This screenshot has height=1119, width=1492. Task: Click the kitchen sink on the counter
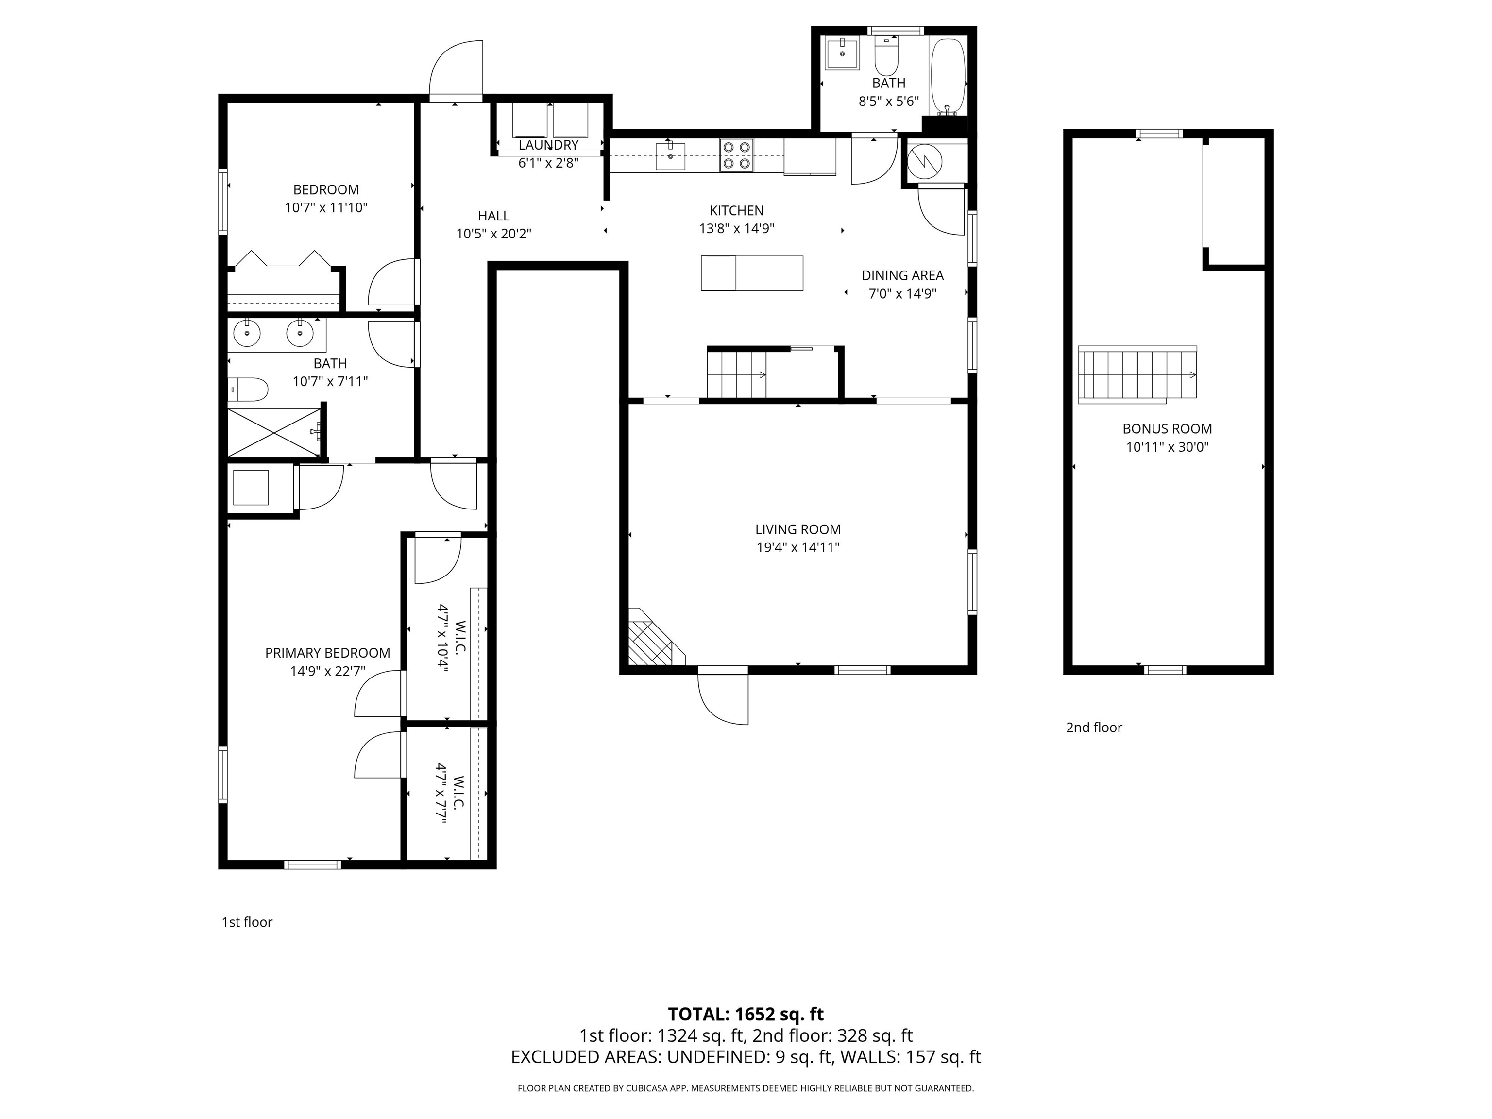[670, 156]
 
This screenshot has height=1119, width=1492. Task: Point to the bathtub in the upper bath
[948, 78]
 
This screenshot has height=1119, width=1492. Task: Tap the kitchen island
[751, 273]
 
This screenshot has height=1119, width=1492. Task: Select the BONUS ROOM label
[1167, 428]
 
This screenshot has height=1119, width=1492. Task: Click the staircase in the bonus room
[1136, 374]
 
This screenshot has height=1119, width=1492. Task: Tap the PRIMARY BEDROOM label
[327, 653]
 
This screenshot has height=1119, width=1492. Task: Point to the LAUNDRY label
[548, 145]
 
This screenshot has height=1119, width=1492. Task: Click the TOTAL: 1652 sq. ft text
[746, 1014]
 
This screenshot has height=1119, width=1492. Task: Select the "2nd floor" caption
[1094, 727]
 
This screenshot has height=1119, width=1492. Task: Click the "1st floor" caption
[247, 922]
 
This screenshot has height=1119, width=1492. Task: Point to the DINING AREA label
[902, 275]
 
